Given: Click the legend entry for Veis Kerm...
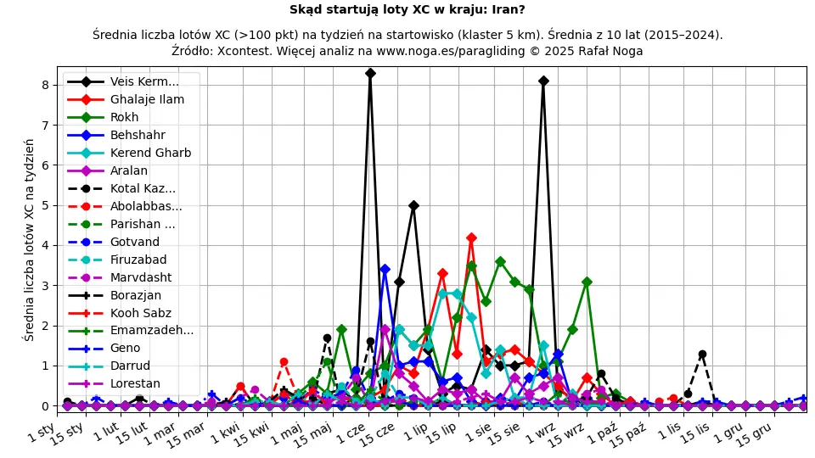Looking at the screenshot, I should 144,81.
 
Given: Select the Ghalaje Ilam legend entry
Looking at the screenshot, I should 147,99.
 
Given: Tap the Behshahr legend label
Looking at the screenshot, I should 138,135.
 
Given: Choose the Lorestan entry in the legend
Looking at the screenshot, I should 135,383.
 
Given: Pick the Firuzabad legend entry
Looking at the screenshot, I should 138,260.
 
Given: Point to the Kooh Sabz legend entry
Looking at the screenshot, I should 140,313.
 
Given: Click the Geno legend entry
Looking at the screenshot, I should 126,348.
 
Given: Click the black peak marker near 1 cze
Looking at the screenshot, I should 370,73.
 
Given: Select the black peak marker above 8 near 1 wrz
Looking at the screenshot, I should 543,81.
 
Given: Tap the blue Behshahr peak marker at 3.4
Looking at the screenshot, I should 385,269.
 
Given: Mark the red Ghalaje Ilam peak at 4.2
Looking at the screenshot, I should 471,237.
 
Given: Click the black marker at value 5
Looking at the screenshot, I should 413,205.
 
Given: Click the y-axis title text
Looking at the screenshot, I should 29,239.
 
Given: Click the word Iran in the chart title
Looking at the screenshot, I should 506,10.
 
